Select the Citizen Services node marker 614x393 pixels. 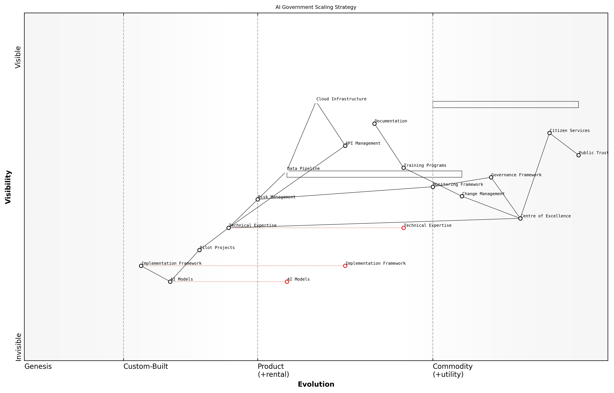[549, 133]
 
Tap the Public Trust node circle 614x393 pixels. [579, 155]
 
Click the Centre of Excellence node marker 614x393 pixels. [520, 218]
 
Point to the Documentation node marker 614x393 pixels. [374, 124]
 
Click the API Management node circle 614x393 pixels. [345, 146]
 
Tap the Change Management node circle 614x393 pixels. [462, 196]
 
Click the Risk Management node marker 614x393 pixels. [258, 200]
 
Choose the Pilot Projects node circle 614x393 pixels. [199, 250]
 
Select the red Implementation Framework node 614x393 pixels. [345, 266]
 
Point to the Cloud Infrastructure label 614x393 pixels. [341, 99]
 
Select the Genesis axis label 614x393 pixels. [38, 366]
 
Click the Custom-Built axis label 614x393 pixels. [146, 366]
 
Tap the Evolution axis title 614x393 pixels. [316, 384]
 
